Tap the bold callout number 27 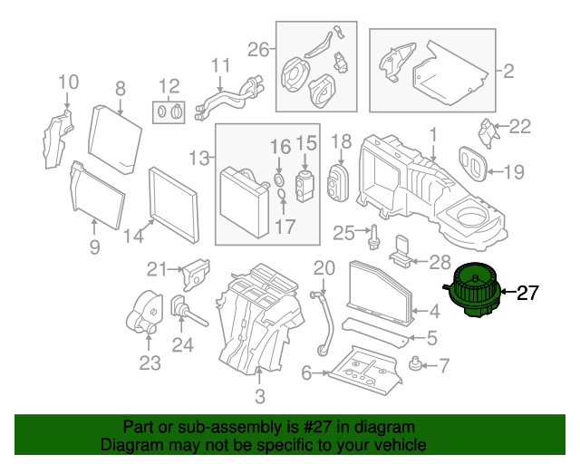[527, 293]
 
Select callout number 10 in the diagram [69, 82]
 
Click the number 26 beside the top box [258, 50]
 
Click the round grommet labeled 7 [415, 363]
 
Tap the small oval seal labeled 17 [282, 194]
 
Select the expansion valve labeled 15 [304, 186]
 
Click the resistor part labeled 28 [401, 252]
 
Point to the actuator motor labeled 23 [144, 312]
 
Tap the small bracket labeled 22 [488, 133]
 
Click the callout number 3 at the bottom [260, 396]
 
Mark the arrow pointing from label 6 [320, 373]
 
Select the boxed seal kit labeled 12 [169, 112]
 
